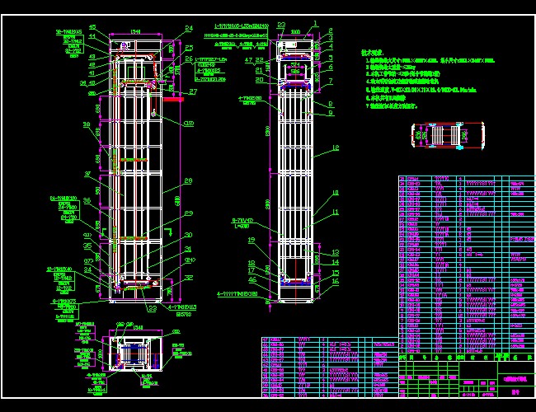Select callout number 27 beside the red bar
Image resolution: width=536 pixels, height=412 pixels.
click(193, 92)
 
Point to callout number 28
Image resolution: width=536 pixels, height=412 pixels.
click(188, 180)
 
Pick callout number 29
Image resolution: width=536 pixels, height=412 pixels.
click(188, 213)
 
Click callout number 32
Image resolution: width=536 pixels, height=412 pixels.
click(189, 278)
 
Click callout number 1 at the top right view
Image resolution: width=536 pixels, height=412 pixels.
click(316, 26)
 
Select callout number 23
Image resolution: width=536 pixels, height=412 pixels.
click(281, 26)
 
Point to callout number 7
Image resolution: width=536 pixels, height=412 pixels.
click(330, 82)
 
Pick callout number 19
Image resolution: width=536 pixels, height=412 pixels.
click(252, 241)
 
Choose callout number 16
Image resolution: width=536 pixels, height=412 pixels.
click(336, 281)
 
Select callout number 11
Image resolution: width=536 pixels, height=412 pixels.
click(336, 213)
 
